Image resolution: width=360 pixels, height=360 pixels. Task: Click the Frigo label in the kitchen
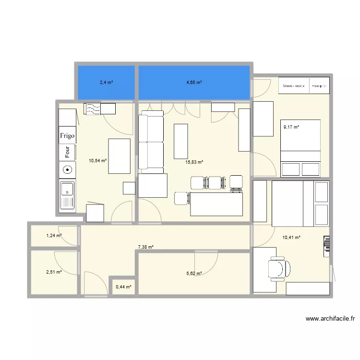click(x=67, y=136)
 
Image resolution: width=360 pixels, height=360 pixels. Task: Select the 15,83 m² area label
click(x=194, y=162)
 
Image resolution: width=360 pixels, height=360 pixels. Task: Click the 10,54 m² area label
click(x=97, y=162)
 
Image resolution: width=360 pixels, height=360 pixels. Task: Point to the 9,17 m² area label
click(x=291, y=127)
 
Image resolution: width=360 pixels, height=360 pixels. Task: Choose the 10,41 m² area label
click(x=291, y=237)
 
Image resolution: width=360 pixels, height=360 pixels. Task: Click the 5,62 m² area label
click(x=194, y=274)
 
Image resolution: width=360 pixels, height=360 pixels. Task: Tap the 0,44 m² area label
click(x=122, y=287)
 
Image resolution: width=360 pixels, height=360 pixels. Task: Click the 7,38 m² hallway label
click(x=145, y=247)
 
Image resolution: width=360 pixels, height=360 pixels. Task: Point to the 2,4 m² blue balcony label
click(x=106, y=83)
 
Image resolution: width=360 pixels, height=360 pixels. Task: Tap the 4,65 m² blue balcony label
click(x=194, y=83)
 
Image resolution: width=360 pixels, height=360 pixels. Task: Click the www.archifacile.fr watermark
click(x=330, y=318)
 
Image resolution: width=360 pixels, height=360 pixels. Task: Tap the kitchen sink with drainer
click(x=67, y=195)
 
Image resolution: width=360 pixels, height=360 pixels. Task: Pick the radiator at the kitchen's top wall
click(x=99, y=109)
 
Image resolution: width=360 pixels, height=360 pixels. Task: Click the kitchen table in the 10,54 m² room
click(x=120, y=156)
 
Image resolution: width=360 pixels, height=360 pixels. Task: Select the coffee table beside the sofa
click(x=180, y=141)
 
